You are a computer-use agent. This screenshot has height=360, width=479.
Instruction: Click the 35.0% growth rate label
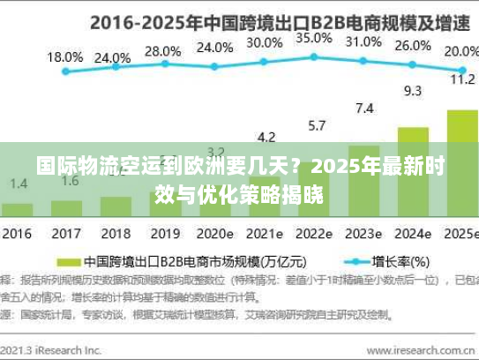tap(314, 39)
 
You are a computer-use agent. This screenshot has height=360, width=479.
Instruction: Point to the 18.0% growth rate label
tap(65, 56)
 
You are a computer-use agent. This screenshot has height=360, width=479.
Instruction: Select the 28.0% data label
tap(162, 51)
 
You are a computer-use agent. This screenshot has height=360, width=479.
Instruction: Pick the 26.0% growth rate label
tap(412, 46)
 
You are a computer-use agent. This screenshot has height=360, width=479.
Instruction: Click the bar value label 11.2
tap(461, 79)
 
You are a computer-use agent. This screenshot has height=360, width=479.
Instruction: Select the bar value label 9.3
tap(412, 90)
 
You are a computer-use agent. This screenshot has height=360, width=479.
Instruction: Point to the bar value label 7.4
tap(363, 109)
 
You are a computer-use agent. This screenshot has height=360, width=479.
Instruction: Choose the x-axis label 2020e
tap(214, 236)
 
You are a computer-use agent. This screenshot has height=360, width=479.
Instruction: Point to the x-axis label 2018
tap(115, 236)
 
